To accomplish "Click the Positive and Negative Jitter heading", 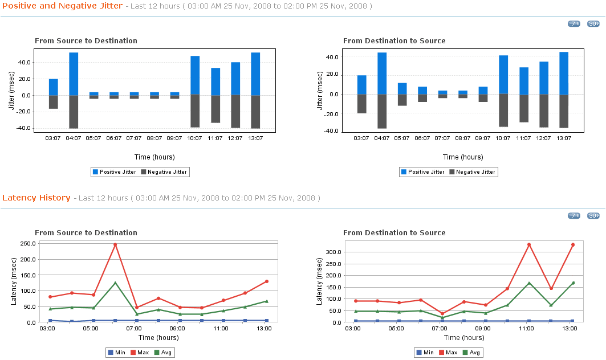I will pos(62,6).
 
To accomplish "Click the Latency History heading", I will pos(36,198).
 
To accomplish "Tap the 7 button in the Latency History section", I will pos(574,215).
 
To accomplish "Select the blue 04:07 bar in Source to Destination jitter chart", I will pos(74,73).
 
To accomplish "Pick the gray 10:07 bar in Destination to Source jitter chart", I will pos(503,110).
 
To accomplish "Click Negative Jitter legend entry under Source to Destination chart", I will pos(164,171).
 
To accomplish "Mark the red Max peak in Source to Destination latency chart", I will pos(115,245).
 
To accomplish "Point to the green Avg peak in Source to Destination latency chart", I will pos(115,283).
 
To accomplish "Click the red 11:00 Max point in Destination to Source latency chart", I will pos(529,245).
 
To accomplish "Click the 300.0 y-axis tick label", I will pos(333,252).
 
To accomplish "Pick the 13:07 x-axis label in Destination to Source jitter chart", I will pos(564,138).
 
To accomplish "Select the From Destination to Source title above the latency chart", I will pos(394,232).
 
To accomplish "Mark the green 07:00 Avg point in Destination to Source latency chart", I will pos(442,318).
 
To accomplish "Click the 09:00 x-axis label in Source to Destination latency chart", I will pos(177,329).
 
